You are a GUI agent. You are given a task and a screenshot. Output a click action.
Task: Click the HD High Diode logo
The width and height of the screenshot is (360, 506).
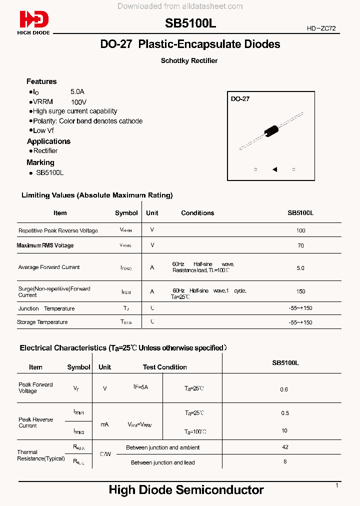pyautogui.click(x=34, y=22)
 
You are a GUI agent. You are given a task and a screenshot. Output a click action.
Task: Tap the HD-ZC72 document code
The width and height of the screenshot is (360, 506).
pyautogui.click(x=323, y=29)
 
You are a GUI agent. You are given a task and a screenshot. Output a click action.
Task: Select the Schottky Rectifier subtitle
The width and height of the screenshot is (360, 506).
pyautogui.click(x=189, y=61)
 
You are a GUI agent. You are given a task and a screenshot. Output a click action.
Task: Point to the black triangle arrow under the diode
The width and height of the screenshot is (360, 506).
pyautogui.click(x=274, y=169)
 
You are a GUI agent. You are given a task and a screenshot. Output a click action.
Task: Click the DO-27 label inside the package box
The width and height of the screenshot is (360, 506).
pyautogui.click(x=240, y=99)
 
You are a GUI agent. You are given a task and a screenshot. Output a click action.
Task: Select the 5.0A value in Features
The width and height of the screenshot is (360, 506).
pyautogui.click(x=77, y=92)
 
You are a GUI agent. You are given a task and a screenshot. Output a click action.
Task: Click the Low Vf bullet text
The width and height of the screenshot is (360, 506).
pyautogui.click(x=43, y=130)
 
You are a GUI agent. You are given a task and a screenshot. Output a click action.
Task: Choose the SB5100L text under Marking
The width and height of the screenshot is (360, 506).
pyautogui.click(x=49, y=172)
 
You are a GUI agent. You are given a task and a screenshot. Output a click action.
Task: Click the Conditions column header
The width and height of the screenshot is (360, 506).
pyautogui.click(x=197, y=213)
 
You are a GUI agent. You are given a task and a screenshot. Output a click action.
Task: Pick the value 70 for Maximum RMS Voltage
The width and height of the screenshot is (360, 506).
pyautogui.click(x=300, y=246)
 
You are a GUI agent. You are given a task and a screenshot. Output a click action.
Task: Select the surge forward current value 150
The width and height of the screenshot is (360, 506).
pyautogui.click(x=300, y=291)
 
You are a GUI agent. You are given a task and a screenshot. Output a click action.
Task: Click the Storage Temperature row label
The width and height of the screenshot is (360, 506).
pyautogui.click(x=42, y=322)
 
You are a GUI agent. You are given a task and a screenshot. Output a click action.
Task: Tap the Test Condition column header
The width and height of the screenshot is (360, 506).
pyautogui.click(x=164, y=367)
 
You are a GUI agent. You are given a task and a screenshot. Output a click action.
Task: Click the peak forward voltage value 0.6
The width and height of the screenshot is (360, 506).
pyautogui.click(x=284, y=389)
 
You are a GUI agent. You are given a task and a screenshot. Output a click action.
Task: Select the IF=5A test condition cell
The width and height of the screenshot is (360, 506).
pyautogui.click(x=140, y=387)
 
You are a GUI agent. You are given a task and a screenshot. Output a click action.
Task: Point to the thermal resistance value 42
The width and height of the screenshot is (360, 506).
pyautogui.click(x=284, y=447)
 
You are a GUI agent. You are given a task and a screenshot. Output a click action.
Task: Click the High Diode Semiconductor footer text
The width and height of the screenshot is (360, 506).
pyautogui.click(x=186, y=490)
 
